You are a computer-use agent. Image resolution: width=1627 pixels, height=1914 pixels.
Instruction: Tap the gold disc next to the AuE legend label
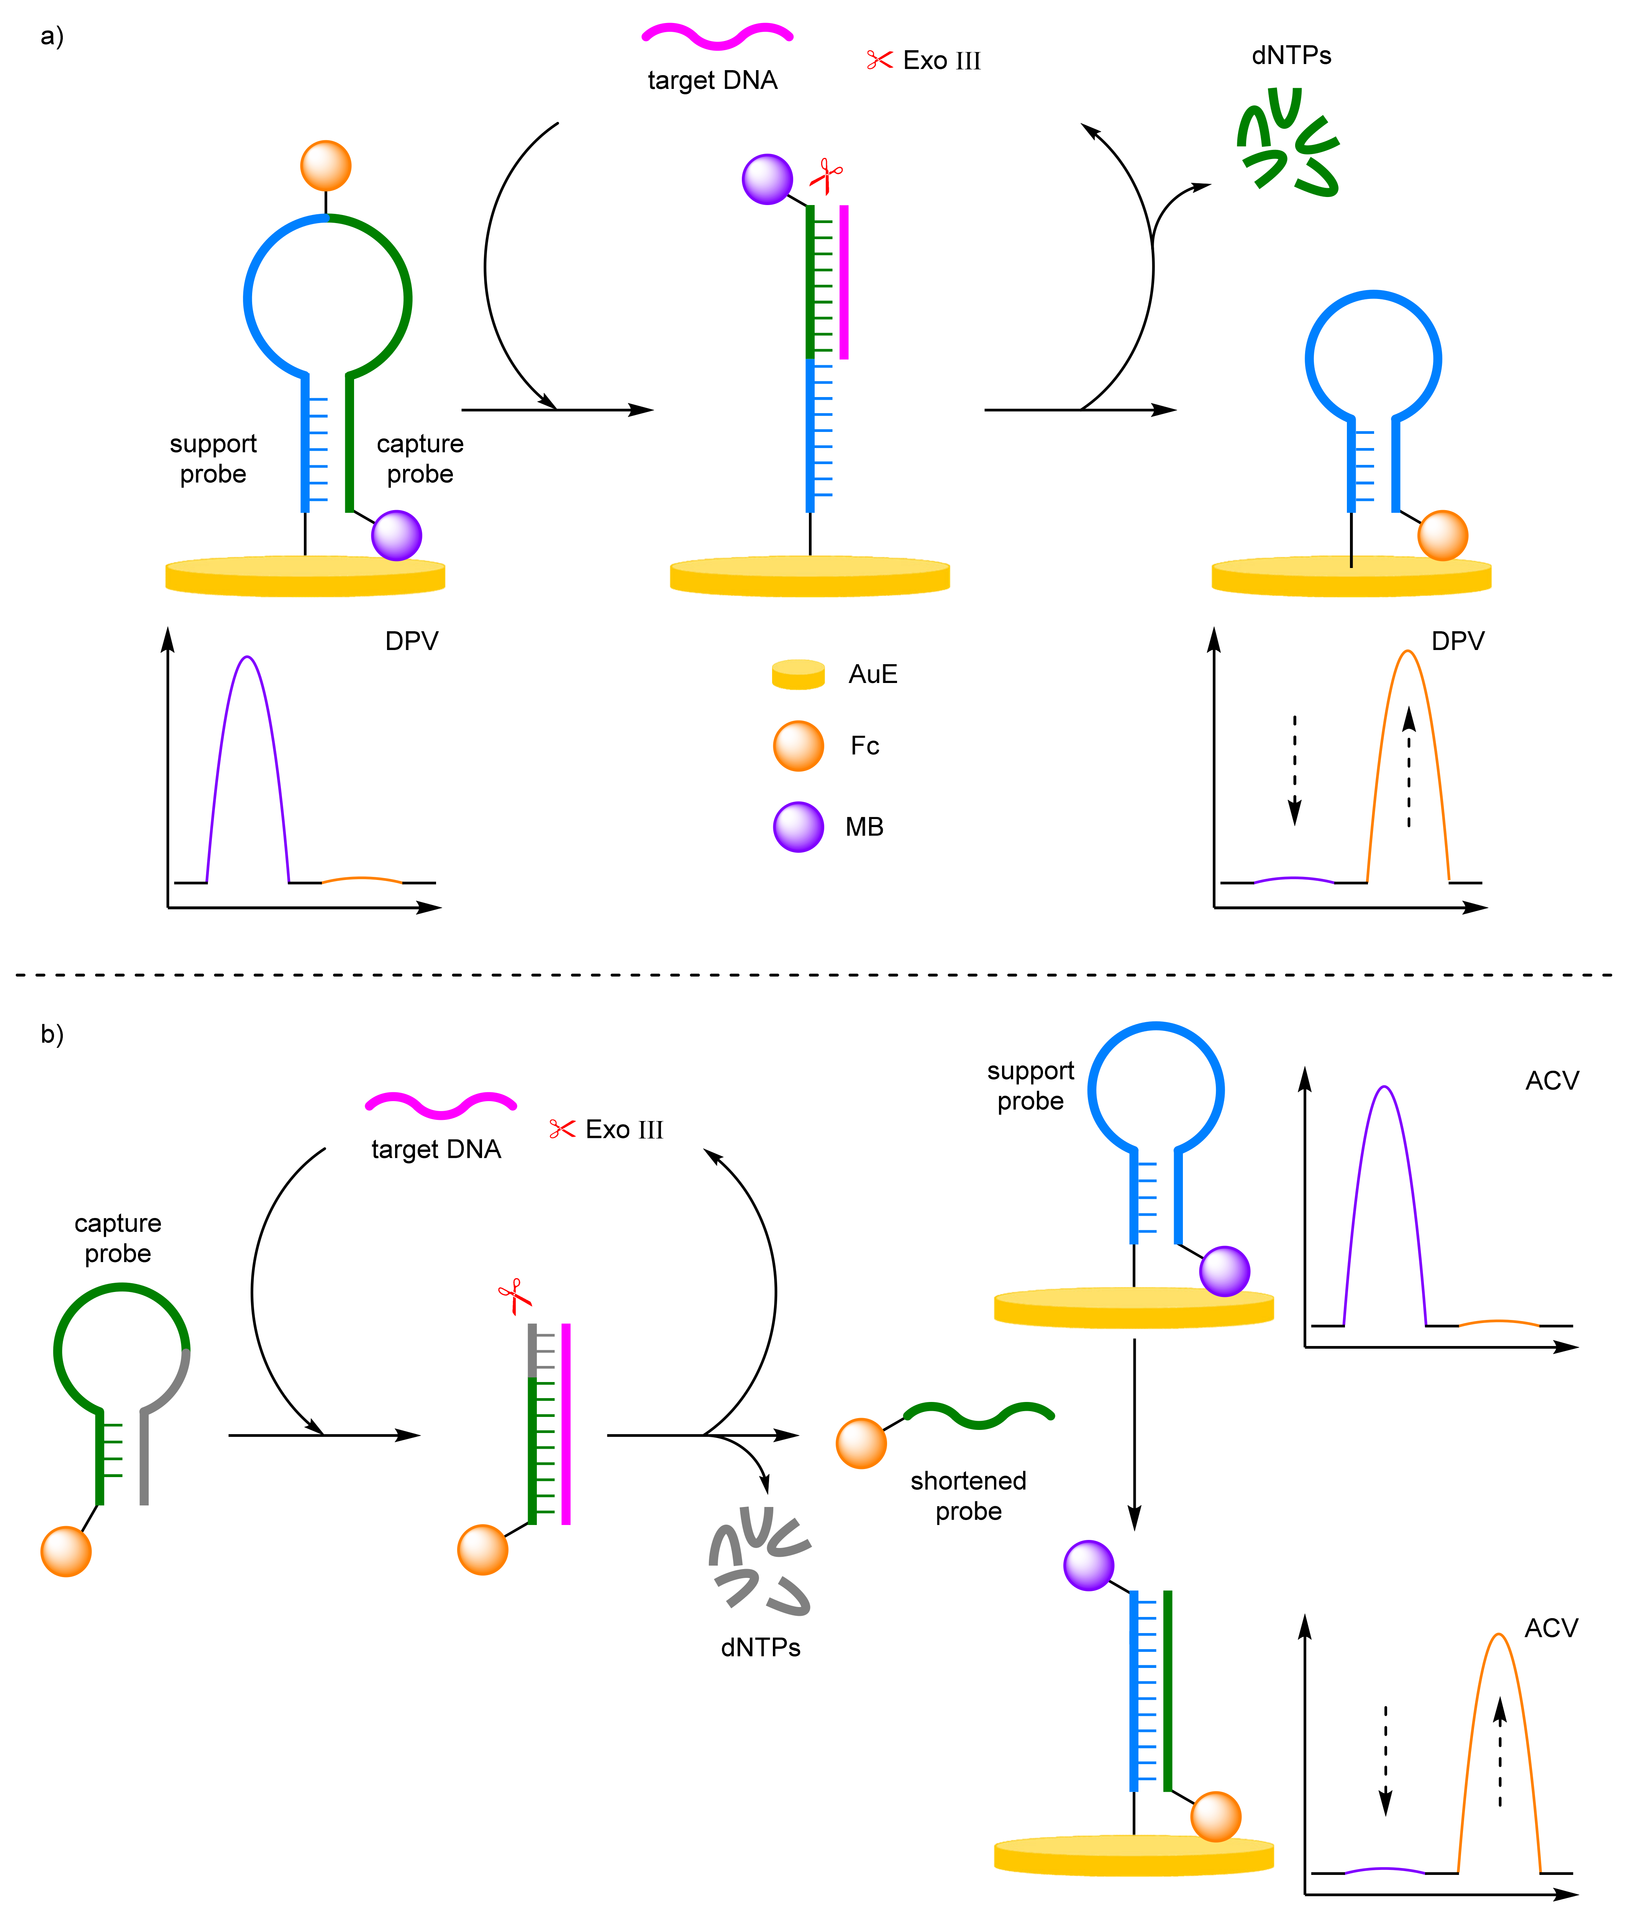pyautogui.click(x=798, y=674)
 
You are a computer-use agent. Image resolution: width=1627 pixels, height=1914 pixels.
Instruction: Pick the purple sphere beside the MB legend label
pyautogui.click(x=798, y=826)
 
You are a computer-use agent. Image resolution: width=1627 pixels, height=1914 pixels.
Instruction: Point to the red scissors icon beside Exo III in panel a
pyautogui.click(x=879, y=60)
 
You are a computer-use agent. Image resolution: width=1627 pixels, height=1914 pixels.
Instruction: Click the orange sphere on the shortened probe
pyautogui.click(x=861, y=1444)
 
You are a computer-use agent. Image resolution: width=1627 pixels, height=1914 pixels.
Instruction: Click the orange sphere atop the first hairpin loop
pyautogui.click(x=326, y=166)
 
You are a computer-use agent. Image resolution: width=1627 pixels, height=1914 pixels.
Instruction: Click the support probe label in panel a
pyautogui.click(x=213, y=458)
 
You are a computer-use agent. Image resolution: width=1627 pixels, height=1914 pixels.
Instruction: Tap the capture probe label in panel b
pyautogui.click(x=118, y=1238)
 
